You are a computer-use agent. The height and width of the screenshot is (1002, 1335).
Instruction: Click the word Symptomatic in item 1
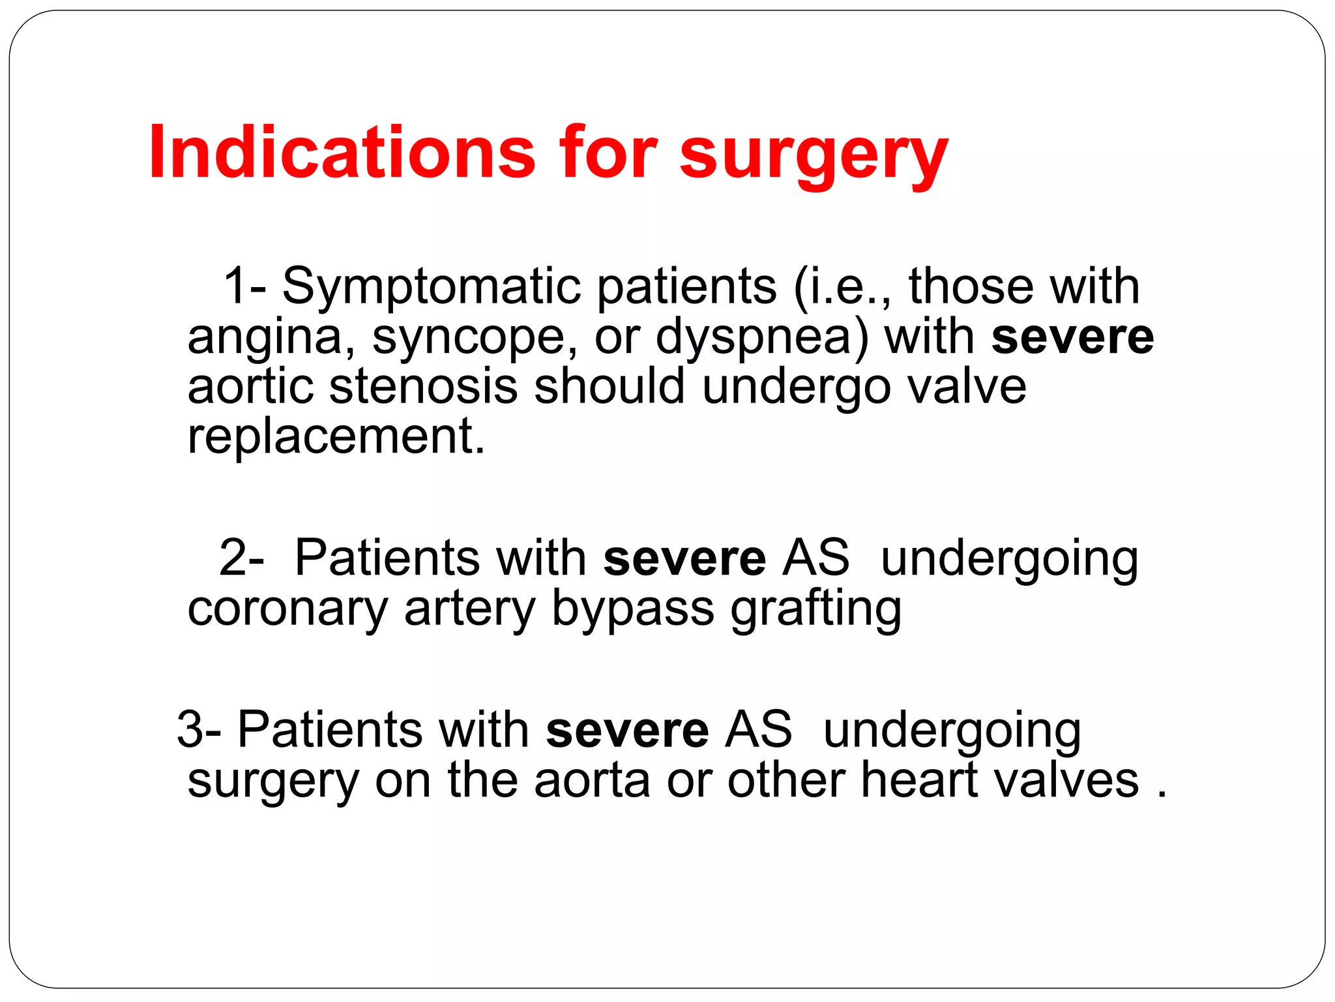(x=431, y=287)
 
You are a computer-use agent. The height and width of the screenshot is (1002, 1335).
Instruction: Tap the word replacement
(x=335, y=437)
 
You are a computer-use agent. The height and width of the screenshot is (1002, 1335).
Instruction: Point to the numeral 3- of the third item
(x=198, y=729)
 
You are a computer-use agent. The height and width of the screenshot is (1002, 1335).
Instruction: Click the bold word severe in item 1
(x=1072, y=338)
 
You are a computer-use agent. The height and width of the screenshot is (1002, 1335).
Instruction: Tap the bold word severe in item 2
(x=684, y=558)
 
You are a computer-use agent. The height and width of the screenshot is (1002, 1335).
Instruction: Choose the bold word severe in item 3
(x=626, y=730)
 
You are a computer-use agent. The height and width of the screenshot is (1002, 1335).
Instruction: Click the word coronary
(x=287, y=609)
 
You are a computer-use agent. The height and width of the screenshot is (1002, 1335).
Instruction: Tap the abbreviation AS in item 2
(x=817, y=558)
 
